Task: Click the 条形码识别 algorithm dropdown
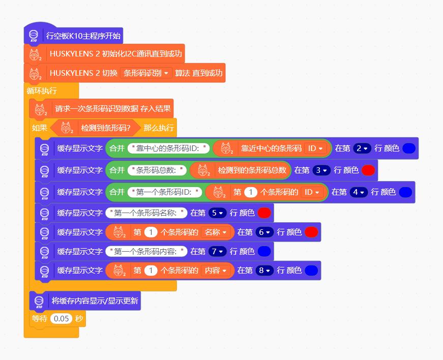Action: [146, 73]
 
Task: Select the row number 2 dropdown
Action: [361, 148]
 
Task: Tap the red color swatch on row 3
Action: [368, 170]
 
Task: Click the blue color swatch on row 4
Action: [405, 192]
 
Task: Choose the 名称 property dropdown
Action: [215, 232]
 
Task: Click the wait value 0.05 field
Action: [61, 319]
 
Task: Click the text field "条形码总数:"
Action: [157, 170]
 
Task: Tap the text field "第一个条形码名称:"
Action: [146, 213]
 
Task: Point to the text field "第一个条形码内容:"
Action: [146, 251]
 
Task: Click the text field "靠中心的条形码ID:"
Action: [168, 148]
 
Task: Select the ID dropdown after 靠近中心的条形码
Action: [315, 148]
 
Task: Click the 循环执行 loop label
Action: [42, 91]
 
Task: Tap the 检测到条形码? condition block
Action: [105, 128]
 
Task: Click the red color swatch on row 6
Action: [311, 232]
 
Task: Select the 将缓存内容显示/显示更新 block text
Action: [95, 301]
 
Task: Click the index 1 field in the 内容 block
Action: [151, 271]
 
